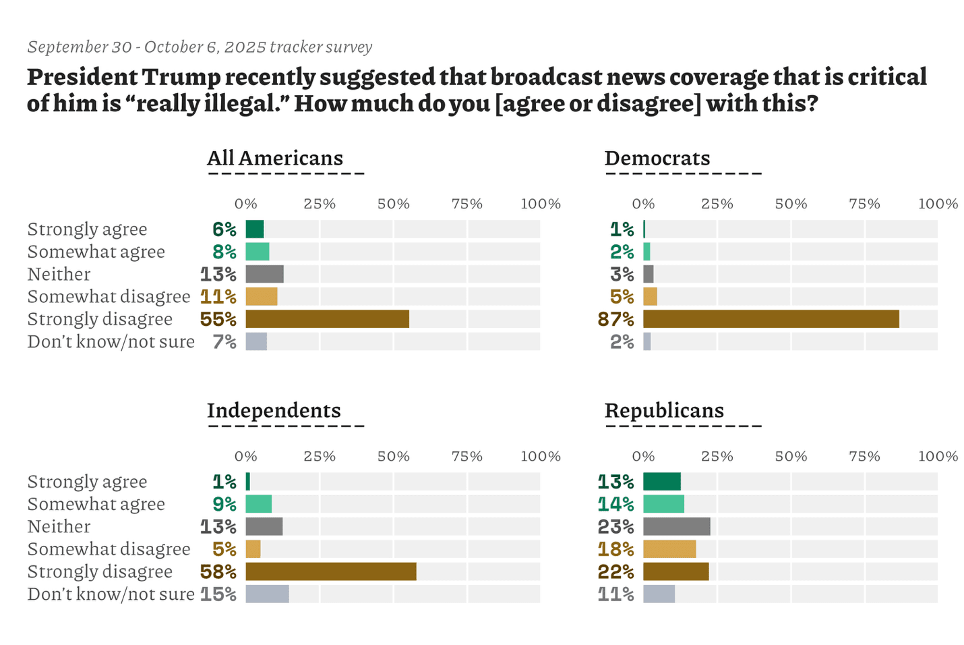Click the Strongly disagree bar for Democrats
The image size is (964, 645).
click(x=771, y=319)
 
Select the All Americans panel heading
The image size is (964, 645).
click(x=275, y=158)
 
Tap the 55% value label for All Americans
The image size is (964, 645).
click(x=218, y=319)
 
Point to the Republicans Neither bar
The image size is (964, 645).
click(x=676, y=526)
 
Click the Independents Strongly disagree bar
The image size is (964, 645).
click(x=330, y=571)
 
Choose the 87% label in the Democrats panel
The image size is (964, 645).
click(x=616, y=319)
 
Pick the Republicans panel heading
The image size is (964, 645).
click(x=664, y=410)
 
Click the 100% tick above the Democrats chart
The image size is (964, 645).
click(x=938, y=204)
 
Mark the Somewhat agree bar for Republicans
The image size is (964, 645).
click(x=663, y=504)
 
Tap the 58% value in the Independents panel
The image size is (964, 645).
click(x=218, y=571)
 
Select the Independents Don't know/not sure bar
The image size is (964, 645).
click(x=267, y=594)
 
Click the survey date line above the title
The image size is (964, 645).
click(x=200, y=47)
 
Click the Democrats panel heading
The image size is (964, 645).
click(x=657, y=158)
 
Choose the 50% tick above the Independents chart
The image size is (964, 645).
click(x=393, y=456)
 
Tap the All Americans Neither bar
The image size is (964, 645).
click(x=264, y=274)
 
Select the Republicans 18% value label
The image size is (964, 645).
click(x=616, y=549)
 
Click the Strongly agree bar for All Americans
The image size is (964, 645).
click(x=254, y=229)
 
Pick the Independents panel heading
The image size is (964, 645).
click(x=274, y=410)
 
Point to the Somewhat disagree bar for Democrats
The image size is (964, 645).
click(x=650, y=297)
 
